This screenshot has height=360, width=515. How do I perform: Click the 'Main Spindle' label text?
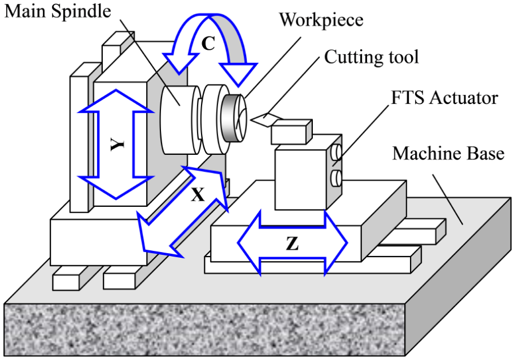(x=58, y=12)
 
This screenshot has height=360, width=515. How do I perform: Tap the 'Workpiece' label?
(x=321, y=21)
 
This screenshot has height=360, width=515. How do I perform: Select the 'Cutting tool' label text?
(x=372, y=57)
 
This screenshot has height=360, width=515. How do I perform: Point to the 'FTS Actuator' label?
(x=444, y=98)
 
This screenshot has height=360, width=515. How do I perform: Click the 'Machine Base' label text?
(x=448, y=154)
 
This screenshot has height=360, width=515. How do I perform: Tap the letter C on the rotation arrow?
(x=208, y=43)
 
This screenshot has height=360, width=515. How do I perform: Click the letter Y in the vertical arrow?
(x=117, y=145)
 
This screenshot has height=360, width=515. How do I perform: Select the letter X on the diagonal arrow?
(x=198, y=195)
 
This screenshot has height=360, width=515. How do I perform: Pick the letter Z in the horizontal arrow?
(x=292, y=243)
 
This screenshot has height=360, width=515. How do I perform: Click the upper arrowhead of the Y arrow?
(x=116, y=101)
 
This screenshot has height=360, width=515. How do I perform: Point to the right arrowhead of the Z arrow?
(x=336, y=243)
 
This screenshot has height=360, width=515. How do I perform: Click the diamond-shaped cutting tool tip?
(x=266, y=119)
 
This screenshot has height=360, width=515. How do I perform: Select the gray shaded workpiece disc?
(x=233, y=118)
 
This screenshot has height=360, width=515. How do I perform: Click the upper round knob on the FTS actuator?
(x=336, y=152)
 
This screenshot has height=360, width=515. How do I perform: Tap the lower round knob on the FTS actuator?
(x=336, y=178)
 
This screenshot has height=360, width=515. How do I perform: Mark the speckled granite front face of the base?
(x=204, y=330)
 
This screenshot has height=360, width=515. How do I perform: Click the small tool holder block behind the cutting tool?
(x=291, y=132)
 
